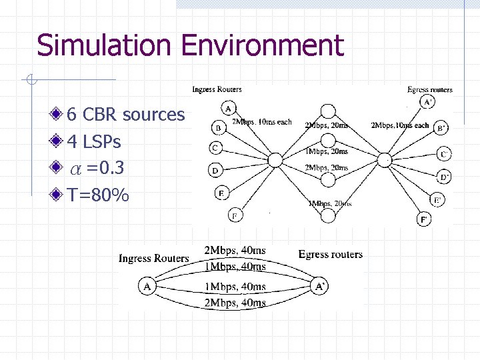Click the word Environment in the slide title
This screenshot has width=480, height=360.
(x=262, y=46)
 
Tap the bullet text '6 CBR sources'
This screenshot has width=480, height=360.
(x=125, y=115)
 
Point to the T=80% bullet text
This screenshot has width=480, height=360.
(x=98, y=195)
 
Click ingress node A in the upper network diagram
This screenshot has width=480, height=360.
(x=229, y=109)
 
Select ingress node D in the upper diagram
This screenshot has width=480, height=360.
(x=215, y=171)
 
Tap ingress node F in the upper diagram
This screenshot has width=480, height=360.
(x=235, y=215)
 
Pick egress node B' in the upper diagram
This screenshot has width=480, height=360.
(x=441, y=127)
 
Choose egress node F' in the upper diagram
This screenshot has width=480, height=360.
(x=424, y=219)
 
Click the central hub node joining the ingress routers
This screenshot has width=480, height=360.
(x=275, y=159)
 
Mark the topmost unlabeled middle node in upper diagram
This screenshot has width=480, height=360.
(x=327, y=111)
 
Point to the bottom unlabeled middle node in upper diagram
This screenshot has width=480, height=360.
(x=327, y=215)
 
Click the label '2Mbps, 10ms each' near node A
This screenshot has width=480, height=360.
(x=261, y=123)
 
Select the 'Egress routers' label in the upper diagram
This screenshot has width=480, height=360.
(x=429, y=89)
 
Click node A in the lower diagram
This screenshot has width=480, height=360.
(x=147, y=286)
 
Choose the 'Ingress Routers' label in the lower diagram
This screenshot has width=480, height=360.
(x=153, y=258)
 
